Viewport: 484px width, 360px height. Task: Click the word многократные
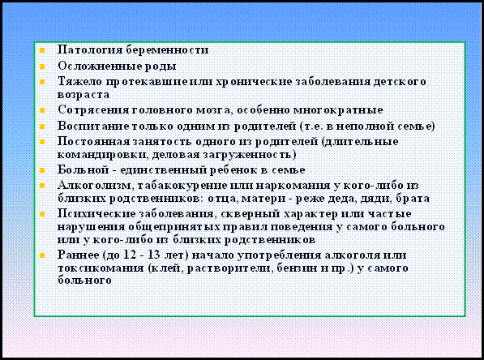pyautogui.click(x=338, y=110)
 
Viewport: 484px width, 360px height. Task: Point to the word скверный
pyautogui.click(x=251, y=214)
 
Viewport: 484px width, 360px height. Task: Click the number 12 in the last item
pyautogui.click(x=130, y=255)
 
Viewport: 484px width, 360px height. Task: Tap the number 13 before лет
pyautogui.click(x=153, y=255)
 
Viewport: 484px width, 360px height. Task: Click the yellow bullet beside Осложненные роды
pyautogui.click(x=42, y=66)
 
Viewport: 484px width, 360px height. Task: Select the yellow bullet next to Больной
pyautogui.click(x=42, y=170)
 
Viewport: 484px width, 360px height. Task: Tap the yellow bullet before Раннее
pyautogui.click(x=42, y=255)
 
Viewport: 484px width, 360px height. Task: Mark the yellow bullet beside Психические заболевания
pyautogui.click(x=42, y=214)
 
